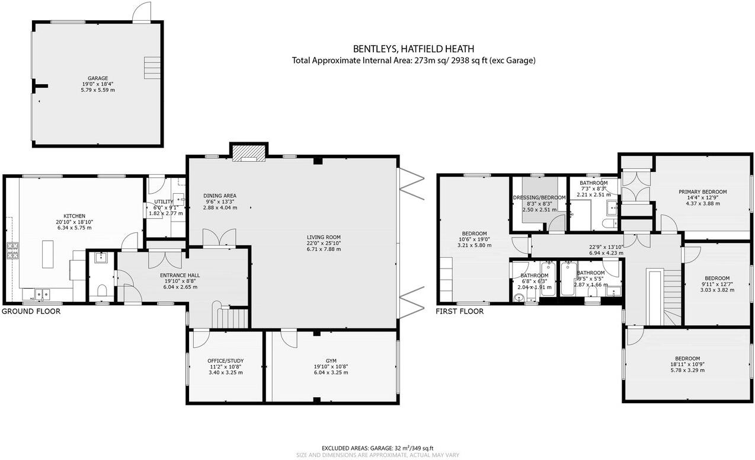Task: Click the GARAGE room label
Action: point(98,78)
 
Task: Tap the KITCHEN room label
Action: point(75,216)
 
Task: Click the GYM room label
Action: point(331,360)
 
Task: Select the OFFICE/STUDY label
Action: point(225,361)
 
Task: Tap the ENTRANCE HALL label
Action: point(180,276)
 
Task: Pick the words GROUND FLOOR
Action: point(31,311)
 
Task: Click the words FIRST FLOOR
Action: point(460,311)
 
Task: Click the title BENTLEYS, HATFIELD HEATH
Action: point(413,49)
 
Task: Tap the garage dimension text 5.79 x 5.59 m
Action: point(98,90)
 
